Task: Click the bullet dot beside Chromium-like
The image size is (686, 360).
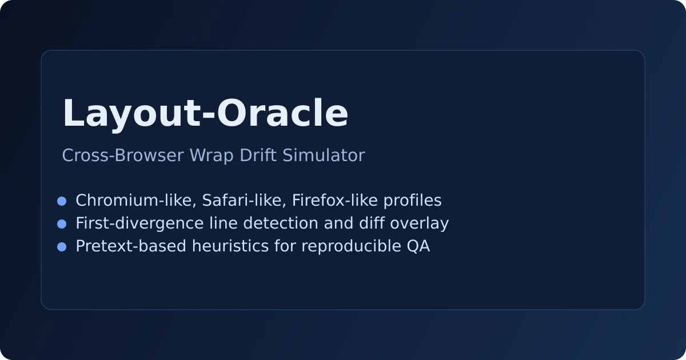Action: pos(62,201)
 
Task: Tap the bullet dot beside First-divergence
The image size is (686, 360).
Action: pos(62,224)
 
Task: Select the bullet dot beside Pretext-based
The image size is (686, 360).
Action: pos(62,247)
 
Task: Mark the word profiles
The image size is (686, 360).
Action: pos(413,201)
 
